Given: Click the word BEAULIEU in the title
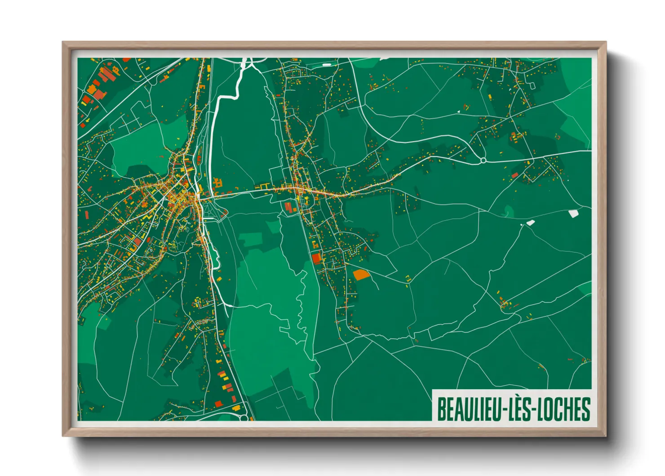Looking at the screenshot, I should pos(469,409).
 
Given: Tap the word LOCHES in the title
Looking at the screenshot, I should pos(564,409).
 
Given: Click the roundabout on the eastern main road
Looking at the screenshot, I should pos(483,160).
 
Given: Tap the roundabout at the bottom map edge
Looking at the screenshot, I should pos(244,418).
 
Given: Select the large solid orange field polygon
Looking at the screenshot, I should pos(360,274).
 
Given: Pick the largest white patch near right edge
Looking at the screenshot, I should pos(573,214).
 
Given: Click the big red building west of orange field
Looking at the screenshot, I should pos(317,258).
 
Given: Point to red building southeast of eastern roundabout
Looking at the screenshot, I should pos(515,175).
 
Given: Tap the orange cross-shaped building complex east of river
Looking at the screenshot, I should pos(218,183).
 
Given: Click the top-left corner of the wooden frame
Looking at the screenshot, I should pos(63,43).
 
